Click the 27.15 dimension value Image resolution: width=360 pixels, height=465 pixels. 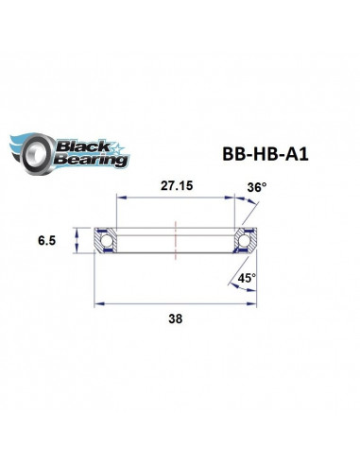point(174,187)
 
